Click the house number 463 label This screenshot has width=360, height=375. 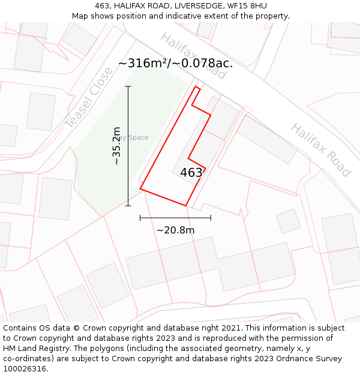[191, 173]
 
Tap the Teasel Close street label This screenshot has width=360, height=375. [89, 98]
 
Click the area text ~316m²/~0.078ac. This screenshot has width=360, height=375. [175, 63]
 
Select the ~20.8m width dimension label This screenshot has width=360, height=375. [175, 230]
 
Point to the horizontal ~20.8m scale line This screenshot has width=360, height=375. [175, 218]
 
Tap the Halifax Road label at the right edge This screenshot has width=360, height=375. [321, 150]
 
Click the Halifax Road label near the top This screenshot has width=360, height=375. [193, 56]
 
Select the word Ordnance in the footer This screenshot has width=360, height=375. [290, 359]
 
